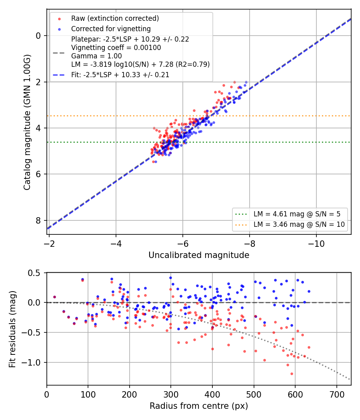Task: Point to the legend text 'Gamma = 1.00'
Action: pos(96,56)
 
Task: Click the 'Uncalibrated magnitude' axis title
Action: pos(199,255)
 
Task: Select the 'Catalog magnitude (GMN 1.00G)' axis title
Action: pos(27,122)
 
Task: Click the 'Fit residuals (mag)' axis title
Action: pos(12,329)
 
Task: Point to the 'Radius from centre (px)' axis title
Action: pos(199,406)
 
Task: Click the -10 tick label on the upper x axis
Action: pos(316,244)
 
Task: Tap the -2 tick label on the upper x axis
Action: pos(49,244)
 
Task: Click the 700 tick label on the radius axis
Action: pos(336,394)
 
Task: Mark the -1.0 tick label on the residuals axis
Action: pos(31,362)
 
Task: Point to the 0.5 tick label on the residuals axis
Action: pos(34,273)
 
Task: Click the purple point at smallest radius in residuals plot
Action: pos(55,297)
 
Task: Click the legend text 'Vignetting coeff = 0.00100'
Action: pos(116,48)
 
